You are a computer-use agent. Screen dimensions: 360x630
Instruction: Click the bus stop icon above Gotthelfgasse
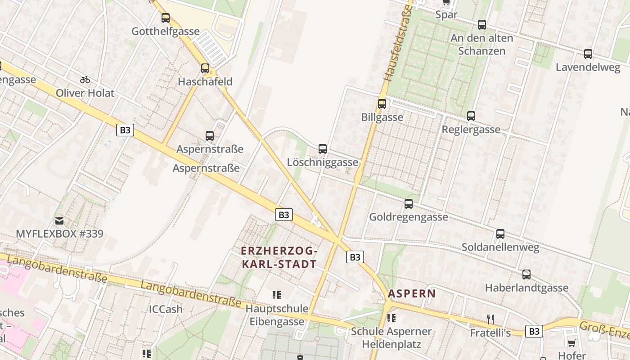click(166, 18)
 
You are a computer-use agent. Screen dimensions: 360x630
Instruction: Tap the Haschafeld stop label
click(205, 81)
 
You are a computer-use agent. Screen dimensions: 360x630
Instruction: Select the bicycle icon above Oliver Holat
click(85, 80)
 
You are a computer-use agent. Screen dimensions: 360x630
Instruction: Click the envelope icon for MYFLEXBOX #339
click(59, 220)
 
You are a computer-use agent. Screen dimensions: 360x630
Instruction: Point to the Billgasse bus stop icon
click(382, 104)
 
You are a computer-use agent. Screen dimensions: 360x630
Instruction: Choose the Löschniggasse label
click(323, 162)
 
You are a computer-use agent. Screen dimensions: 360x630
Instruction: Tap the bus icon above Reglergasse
click(471, 116)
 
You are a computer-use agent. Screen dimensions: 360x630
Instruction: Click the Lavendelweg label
click(588, 67)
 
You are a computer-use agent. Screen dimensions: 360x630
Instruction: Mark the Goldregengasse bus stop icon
click(409, 203)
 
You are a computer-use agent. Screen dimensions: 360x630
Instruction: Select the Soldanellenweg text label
click(500, 247)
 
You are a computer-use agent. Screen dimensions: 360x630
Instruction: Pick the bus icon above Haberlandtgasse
click(526, 274)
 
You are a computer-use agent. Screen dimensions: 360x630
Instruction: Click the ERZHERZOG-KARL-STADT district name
click(279, 257)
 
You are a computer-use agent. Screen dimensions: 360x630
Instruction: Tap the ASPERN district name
click(412, 294)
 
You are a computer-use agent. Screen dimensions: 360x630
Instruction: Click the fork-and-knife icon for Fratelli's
click(490, 319)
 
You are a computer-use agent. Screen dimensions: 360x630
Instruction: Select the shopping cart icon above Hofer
click(571, 342)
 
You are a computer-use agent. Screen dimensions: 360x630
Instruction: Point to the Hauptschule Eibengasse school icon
click(277, 295)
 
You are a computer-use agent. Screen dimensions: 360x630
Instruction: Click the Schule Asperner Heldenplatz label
click(391, 338)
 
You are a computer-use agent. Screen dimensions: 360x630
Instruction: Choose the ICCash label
click(166, 309)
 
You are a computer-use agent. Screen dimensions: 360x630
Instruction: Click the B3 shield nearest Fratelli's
click(534, 331)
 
